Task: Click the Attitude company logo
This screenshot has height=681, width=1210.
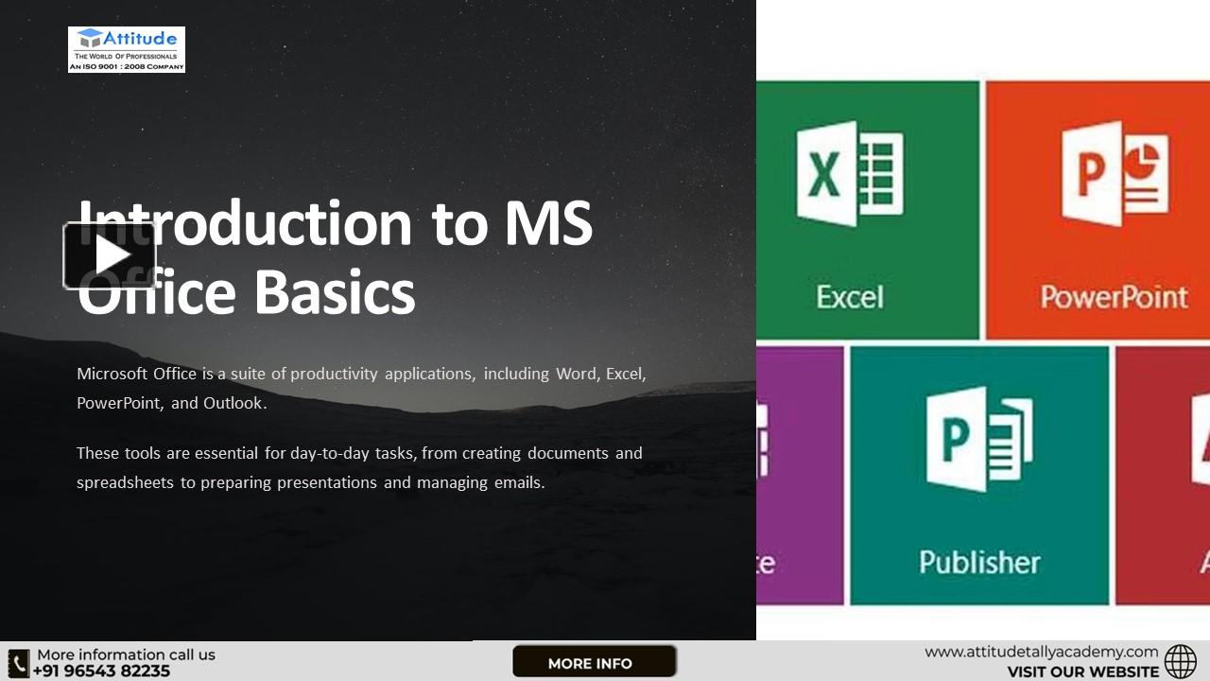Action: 127,49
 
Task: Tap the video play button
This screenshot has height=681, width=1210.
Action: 110,255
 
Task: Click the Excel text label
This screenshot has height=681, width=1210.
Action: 850,297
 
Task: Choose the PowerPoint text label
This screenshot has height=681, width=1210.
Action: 1114,297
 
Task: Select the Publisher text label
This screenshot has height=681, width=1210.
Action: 979,562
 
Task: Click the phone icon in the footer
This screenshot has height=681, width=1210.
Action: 19,662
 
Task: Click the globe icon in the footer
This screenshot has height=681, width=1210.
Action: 1181,662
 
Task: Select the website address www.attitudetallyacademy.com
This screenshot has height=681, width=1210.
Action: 1041,652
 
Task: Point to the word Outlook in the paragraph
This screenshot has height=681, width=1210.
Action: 233,403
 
